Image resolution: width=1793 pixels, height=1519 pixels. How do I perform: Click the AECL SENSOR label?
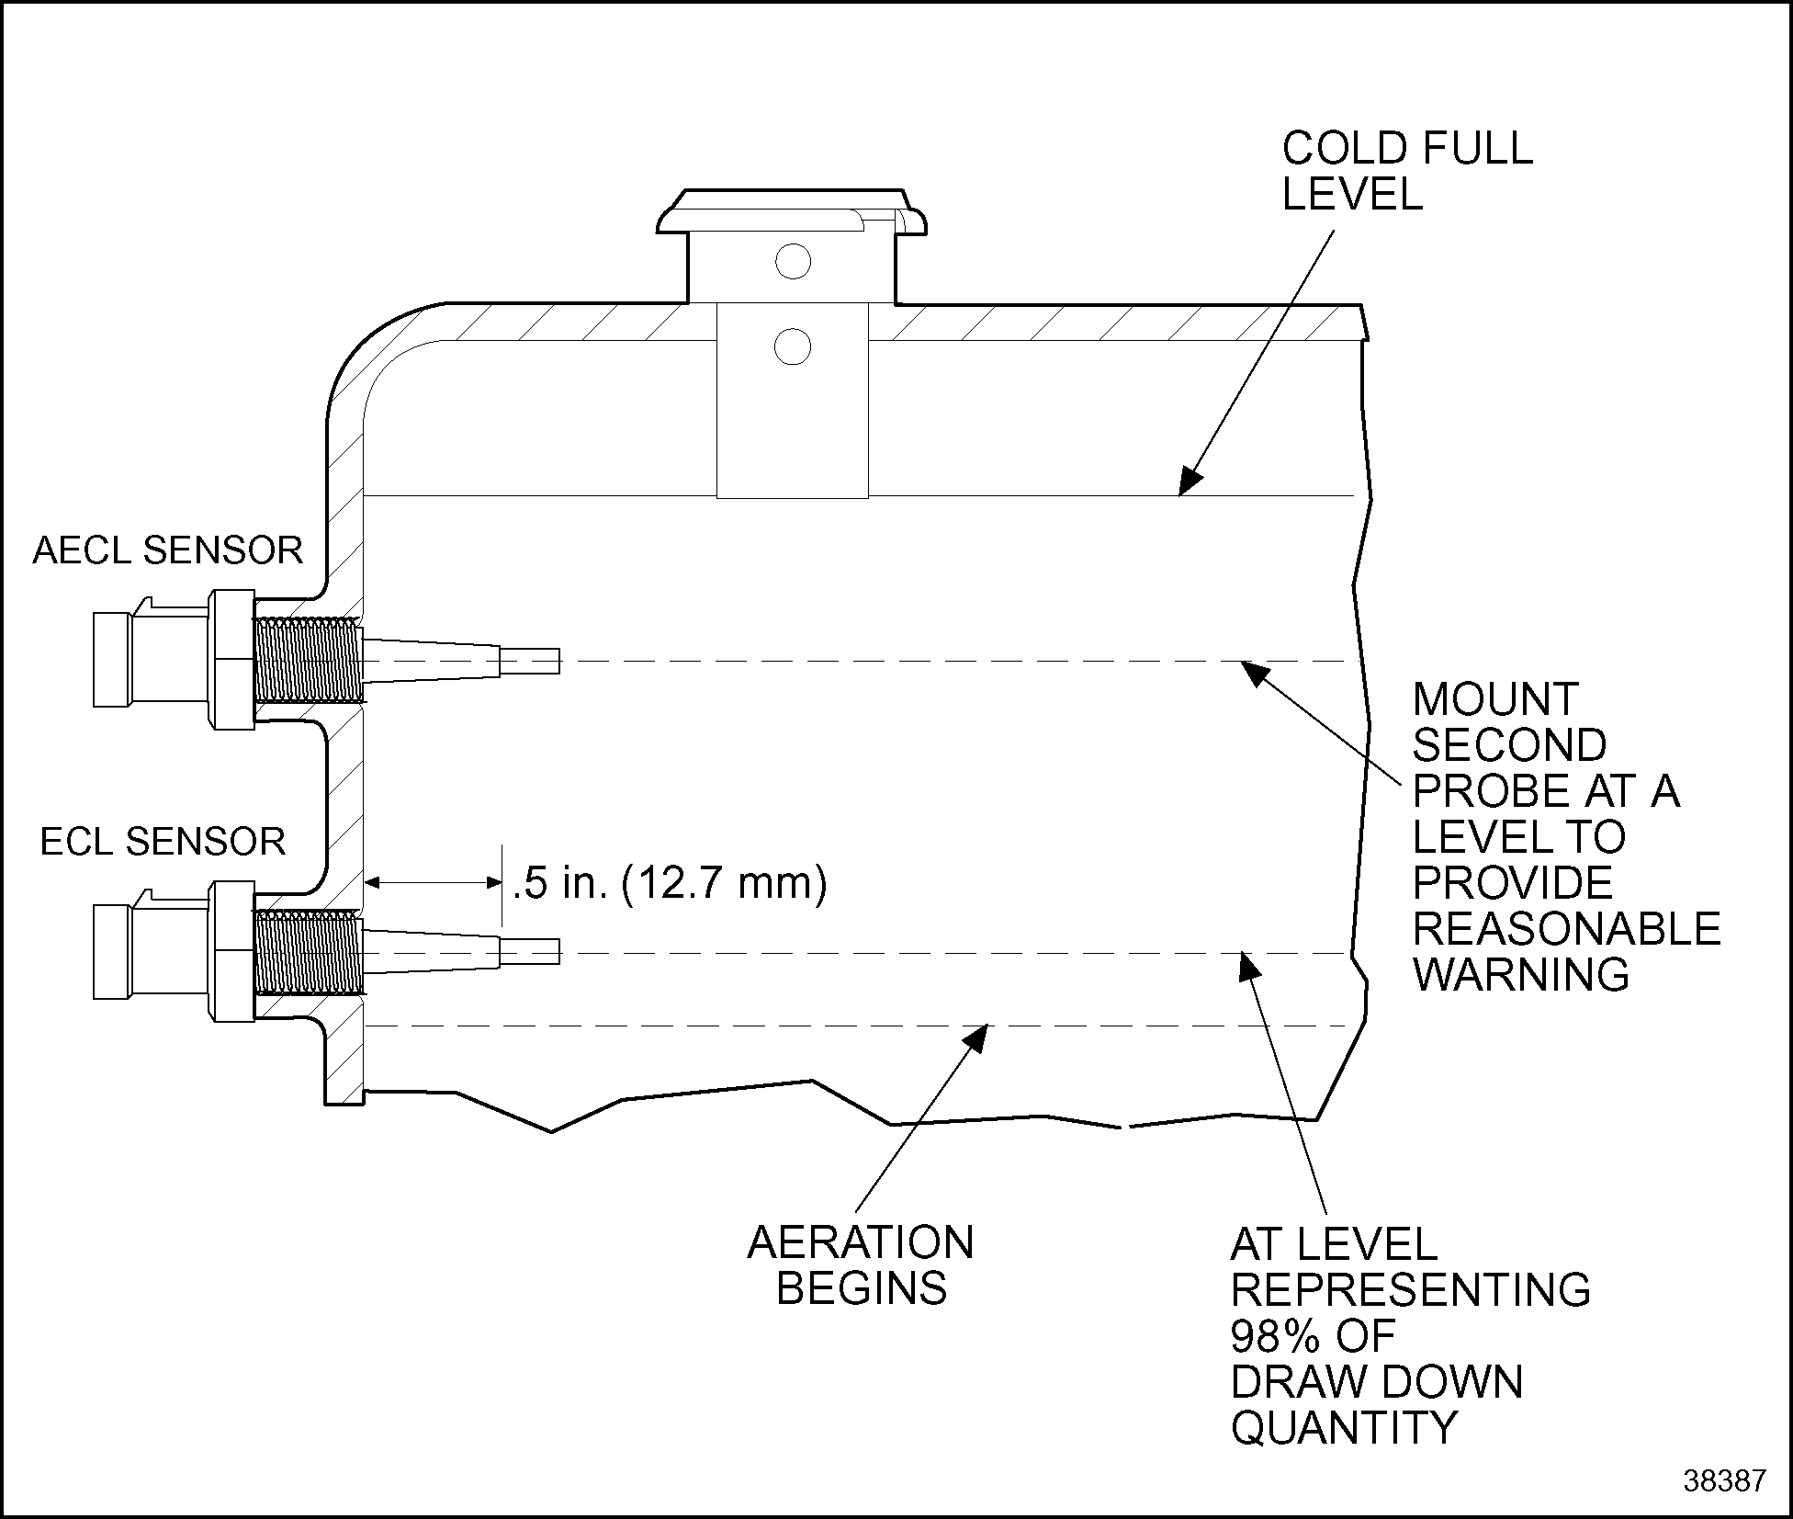click(x=167, y=550)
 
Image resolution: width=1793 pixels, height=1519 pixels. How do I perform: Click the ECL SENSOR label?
click(x=163, y=842)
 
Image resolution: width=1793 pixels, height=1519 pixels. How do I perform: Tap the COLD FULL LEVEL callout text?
click(x=1406, y=171)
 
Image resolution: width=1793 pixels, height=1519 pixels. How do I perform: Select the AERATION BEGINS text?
click(x=861, y=1265)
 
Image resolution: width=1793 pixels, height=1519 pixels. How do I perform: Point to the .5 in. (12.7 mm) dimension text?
click(x=670, y=883)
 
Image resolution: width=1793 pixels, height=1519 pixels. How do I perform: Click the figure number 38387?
click(x=1724, y=1480)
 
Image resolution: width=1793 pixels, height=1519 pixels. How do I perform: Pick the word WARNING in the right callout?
click(x=1520, y=974)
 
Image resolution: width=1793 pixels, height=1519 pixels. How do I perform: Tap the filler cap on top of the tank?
click(x=791, y=211)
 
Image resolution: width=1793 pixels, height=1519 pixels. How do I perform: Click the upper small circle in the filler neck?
click(x=793, y=262)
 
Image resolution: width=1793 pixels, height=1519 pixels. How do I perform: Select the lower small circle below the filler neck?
click(x=793, y=347)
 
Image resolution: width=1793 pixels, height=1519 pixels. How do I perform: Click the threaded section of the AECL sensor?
click(x=307, y=660)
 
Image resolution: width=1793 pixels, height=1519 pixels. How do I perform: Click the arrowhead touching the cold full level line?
click(x=1190, y=482)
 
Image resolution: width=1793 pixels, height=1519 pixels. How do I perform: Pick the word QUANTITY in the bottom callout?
click(x=1344, y=1427)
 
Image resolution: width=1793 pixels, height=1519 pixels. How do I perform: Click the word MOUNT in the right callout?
click(x=1494, y=700)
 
